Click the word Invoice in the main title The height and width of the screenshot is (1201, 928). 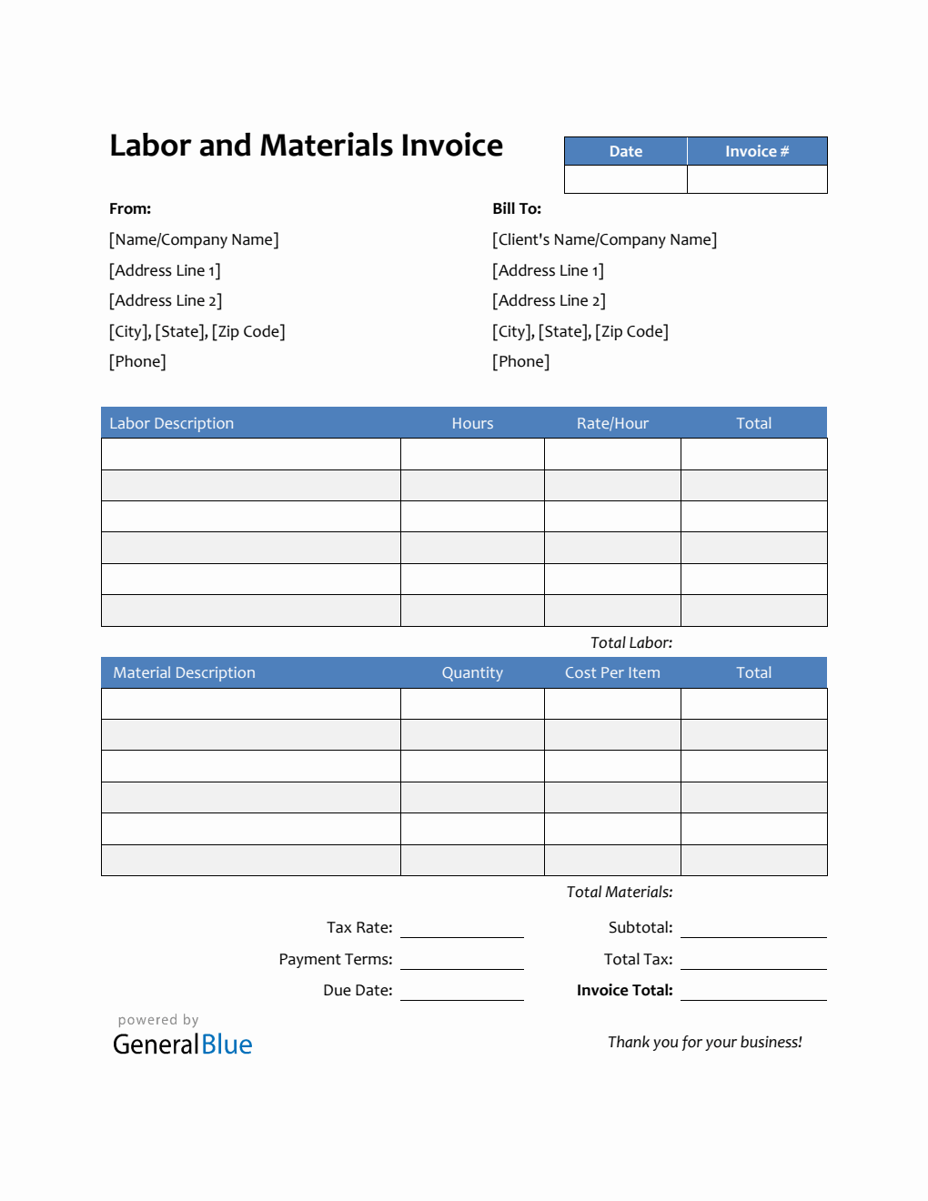[451, 146]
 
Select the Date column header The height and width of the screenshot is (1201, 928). [625, 151]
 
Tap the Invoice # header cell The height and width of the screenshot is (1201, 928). [757, 151]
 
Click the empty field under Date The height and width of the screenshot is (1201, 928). [625, 178]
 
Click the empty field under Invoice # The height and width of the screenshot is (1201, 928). [757, 178]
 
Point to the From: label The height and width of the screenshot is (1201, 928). [130, 208]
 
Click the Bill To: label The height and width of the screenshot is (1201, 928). [517, 208]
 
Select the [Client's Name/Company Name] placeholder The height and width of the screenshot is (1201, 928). [604, 239]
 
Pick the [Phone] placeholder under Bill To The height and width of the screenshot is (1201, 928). [520, 361]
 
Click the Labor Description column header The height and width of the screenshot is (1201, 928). [171, 423]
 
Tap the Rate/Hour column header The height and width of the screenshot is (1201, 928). [612, 423]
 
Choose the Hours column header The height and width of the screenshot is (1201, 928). [472, 423]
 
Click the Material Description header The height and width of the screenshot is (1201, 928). [184, 672]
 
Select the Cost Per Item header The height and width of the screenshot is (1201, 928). [612, 672]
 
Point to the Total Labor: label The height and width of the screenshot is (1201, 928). [631, 642]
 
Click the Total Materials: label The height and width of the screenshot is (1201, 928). [620, 892]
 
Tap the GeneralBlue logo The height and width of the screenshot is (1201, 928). [182, 1044]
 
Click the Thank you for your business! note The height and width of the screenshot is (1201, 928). [704, 1042]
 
